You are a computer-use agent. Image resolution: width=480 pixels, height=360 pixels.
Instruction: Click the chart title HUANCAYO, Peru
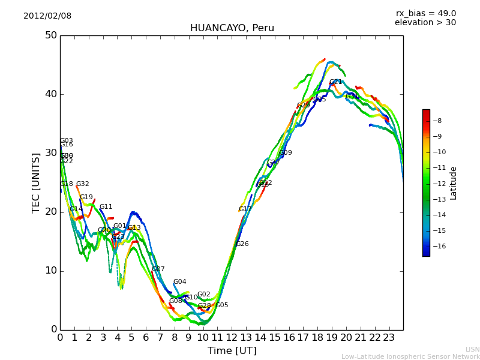pos(232,28)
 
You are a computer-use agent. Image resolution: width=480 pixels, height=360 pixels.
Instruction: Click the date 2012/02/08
pos(47,16)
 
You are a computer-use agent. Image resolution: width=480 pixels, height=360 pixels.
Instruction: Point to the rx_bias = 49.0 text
pos(425,14)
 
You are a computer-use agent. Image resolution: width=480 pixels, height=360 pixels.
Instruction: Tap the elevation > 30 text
pos(425,23)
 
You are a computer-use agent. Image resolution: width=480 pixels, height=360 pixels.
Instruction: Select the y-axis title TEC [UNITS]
pos(36,182)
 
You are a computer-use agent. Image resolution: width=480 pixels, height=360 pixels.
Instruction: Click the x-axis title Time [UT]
pos(232,351)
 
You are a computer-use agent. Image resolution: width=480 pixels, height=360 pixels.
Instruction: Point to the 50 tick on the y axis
pos(50,35)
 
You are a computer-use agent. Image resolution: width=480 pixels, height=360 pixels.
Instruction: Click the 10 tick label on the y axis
pos(50,271)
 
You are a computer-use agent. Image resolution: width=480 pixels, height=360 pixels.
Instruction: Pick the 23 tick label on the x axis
pos(389,338)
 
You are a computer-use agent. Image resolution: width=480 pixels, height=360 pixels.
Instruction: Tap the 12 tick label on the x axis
pos(232,338)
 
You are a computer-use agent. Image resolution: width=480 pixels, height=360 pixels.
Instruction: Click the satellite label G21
pos(335,82)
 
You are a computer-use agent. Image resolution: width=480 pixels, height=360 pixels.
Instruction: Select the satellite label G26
pos(242,244)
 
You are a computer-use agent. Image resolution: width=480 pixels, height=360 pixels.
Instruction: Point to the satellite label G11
pos(106,207)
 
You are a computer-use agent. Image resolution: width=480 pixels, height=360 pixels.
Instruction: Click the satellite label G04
pos(179,282)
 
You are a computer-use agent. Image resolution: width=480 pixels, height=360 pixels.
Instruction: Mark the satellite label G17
pos(245,209)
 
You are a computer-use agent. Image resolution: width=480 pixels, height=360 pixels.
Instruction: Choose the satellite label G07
pos(158,269)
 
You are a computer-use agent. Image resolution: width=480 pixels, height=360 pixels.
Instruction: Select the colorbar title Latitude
pos(454,183)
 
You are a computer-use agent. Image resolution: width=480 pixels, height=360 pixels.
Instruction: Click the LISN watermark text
pos(472,349)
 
